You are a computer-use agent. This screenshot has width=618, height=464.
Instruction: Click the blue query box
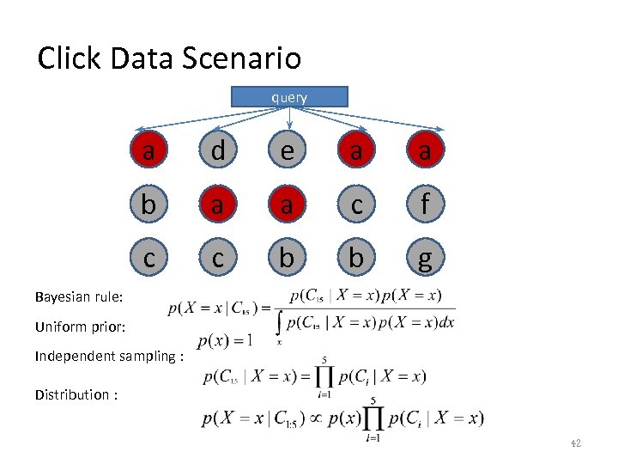click(x=289, y=97)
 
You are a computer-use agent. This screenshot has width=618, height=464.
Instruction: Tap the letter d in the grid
click(x=218, y=151)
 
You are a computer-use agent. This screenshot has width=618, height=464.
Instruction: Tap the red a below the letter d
click(x=218, y=205)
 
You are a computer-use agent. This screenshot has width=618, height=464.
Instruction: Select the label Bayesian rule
click(x=80, y=297)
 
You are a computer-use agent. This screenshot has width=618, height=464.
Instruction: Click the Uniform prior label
click(x=81, y=327)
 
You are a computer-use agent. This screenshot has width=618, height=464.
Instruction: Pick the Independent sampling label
click(x=110, y=356)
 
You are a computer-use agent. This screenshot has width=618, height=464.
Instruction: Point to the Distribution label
click(x=76, y=394)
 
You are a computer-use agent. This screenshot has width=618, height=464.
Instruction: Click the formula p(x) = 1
click(x=224, y=340)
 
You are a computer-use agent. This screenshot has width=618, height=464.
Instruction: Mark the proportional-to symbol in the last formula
click(x=318, y=418)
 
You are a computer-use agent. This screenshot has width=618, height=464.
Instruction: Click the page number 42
click(x=575, y=443)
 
